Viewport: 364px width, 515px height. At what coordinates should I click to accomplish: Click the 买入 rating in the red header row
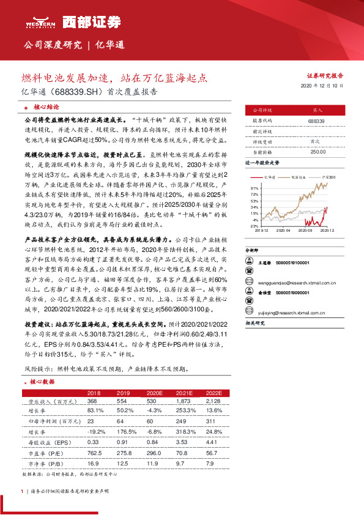(316, 110)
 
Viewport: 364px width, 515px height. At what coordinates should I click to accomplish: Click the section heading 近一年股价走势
(263, 163)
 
